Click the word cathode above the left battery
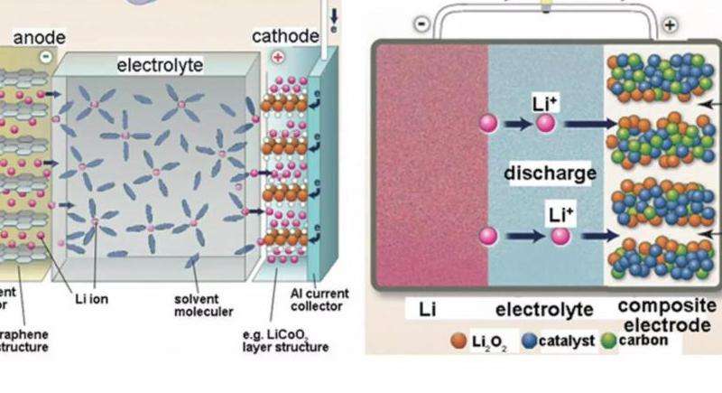click(x=285, y=36)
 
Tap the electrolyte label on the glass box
click(x=160, y=65)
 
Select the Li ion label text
click(x=91, y=300)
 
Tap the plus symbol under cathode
click(x=276, y=56)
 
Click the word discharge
click(x=539, y=173)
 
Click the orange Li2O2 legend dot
click(x=458, y=342)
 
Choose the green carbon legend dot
click(x=607, y=342)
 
